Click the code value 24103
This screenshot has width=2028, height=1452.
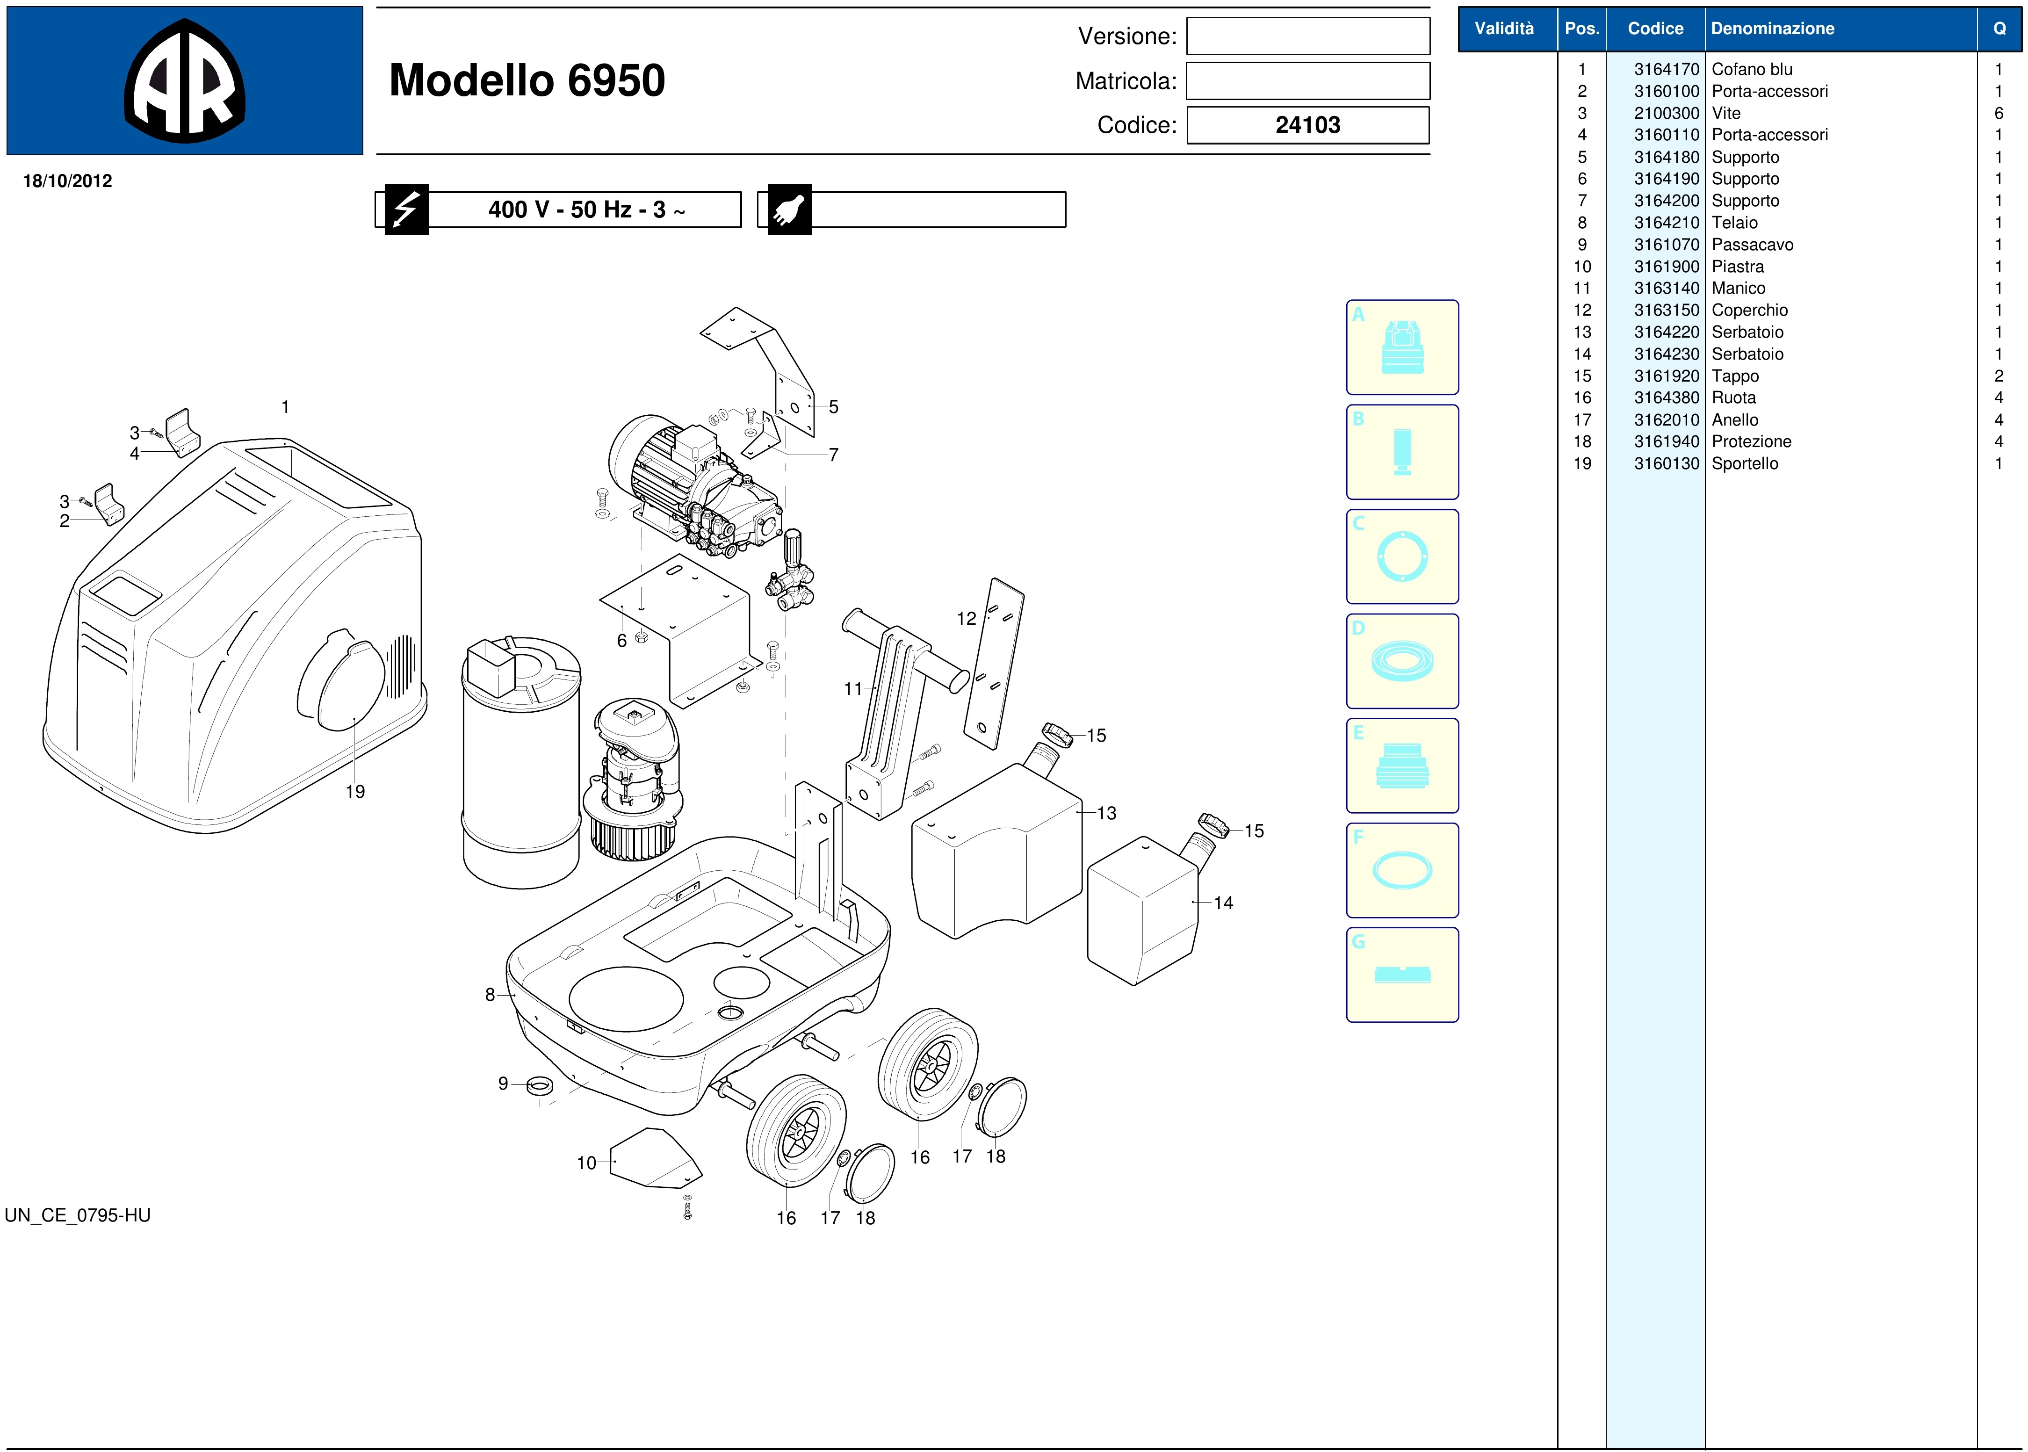[x=1307, y=125]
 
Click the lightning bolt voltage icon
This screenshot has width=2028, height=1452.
[x=407, y=209]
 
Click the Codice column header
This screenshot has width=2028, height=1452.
[x=1655, y=29]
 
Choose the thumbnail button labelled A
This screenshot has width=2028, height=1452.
[x=1402, y=347]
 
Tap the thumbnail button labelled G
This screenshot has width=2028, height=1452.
[x=1402, y=975]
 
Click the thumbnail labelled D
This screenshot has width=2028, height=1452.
[x=1402, y=661]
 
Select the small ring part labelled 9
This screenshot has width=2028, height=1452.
[x=540, y=1086]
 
